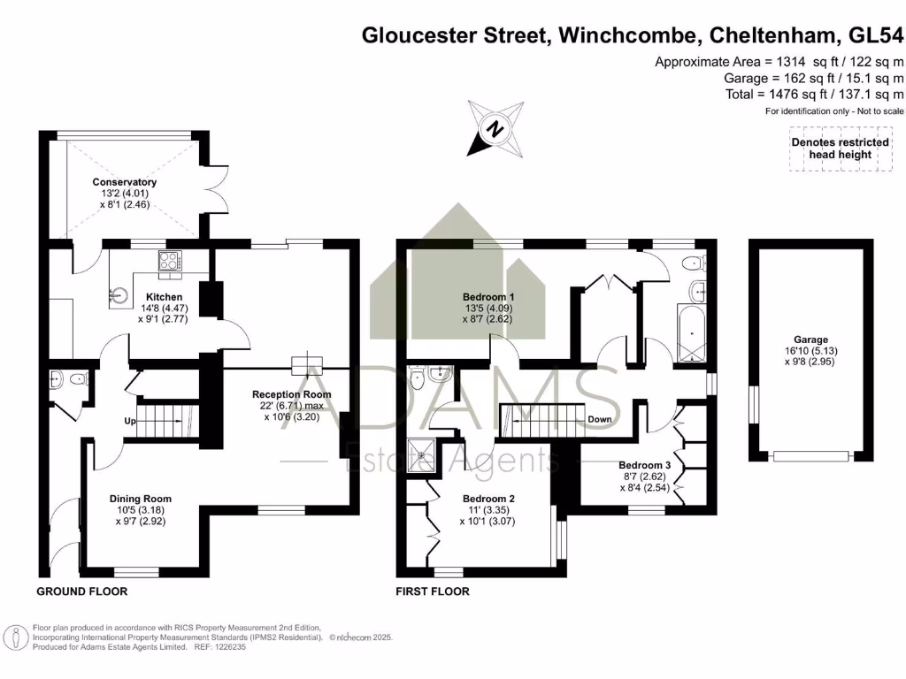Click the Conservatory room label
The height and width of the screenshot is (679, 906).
(x=124, y=183)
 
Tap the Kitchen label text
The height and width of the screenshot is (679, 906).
(x=165, y=297)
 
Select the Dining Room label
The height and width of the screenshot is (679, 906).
(x=141, y=499)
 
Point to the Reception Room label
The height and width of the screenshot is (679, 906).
(x=292, y=394)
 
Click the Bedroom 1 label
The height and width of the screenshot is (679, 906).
(x=489, y=296)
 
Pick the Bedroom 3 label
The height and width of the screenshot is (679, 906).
(x=645, y=465)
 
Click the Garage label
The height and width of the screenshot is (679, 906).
(x=810, y=339)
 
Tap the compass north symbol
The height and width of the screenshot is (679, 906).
(x=496, y=128)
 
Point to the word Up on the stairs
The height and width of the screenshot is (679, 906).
(x=130, y=420)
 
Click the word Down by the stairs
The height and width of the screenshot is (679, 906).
(x=600, y=420)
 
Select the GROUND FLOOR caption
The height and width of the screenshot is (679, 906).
(x=82, y=591)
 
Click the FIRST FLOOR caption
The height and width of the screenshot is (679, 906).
(x=433, y=591)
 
